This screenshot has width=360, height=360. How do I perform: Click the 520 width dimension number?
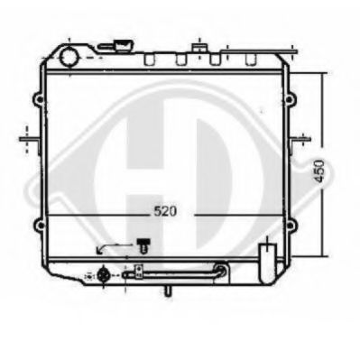coord(165,211)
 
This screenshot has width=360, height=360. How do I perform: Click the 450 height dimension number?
coord(319,171)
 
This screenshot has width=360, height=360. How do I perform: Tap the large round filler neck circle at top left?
coord(69,58)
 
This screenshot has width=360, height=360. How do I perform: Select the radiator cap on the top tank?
coord(124,45)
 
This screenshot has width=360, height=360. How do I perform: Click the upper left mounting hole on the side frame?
coord(39,98)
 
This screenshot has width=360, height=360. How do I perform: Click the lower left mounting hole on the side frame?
coord(40,226)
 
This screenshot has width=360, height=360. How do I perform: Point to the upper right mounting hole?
coord(289,99)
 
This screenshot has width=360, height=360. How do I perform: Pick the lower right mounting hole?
coord(290,226)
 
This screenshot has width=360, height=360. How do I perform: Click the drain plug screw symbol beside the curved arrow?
coord(143,245)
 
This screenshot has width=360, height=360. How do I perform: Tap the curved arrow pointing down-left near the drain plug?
coord(113,247)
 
